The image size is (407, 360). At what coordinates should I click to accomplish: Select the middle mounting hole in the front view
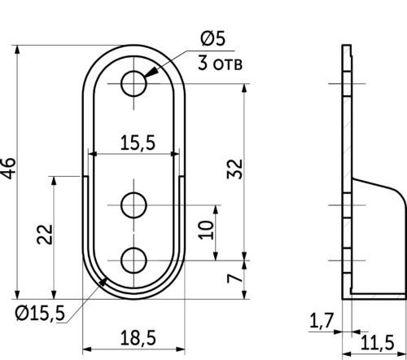[133, 204]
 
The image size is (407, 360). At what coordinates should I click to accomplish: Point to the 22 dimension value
[46, 235]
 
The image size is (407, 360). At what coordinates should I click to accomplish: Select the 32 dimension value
[234, 169]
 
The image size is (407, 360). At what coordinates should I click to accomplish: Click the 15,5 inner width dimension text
[137, 143]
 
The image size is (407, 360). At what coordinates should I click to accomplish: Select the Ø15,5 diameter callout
[38, 313]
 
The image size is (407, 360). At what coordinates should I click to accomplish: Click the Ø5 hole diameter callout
[212, 38]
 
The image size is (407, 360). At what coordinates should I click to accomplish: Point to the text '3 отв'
[221, 64]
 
